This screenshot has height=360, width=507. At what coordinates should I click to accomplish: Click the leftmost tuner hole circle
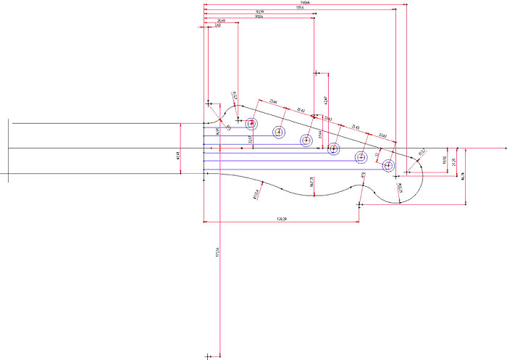point(251,123)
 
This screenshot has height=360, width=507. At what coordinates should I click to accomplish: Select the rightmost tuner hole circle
point(388,165)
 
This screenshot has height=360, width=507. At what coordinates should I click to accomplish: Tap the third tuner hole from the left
point(306,140)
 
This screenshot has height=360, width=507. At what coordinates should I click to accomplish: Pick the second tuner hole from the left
point(279,132)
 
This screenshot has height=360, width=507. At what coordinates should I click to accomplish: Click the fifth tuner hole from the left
point(361,157)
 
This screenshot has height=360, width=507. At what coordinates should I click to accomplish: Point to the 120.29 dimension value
point(282,218)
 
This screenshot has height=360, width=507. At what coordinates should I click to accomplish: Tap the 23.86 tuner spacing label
point(273,101)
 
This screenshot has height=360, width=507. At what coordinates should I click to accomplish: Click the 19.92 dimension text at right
point(444,162)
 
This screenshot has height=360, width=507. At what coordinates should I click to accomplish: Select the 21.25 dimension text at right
point(455,164)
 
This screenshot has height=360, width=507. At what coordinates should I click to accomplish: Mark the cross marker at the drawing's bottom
point(208,355)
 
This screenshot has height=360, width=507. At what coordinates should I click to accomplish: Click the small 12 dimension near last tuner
point(377,155)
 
